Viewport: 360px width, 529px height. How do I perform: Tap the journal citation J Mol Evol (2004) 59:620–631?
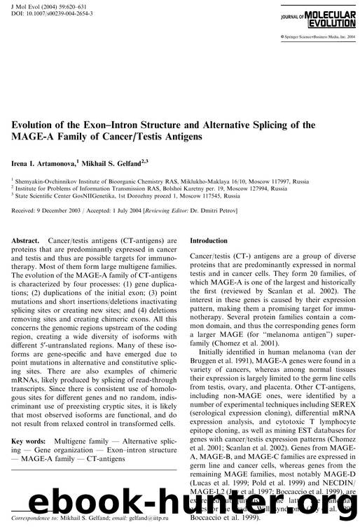click(45, 6)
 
